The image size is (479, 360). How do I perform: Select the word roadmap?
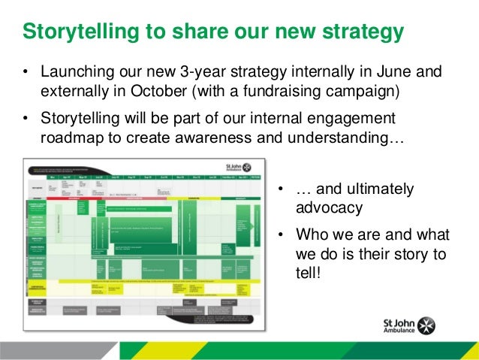71,139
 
